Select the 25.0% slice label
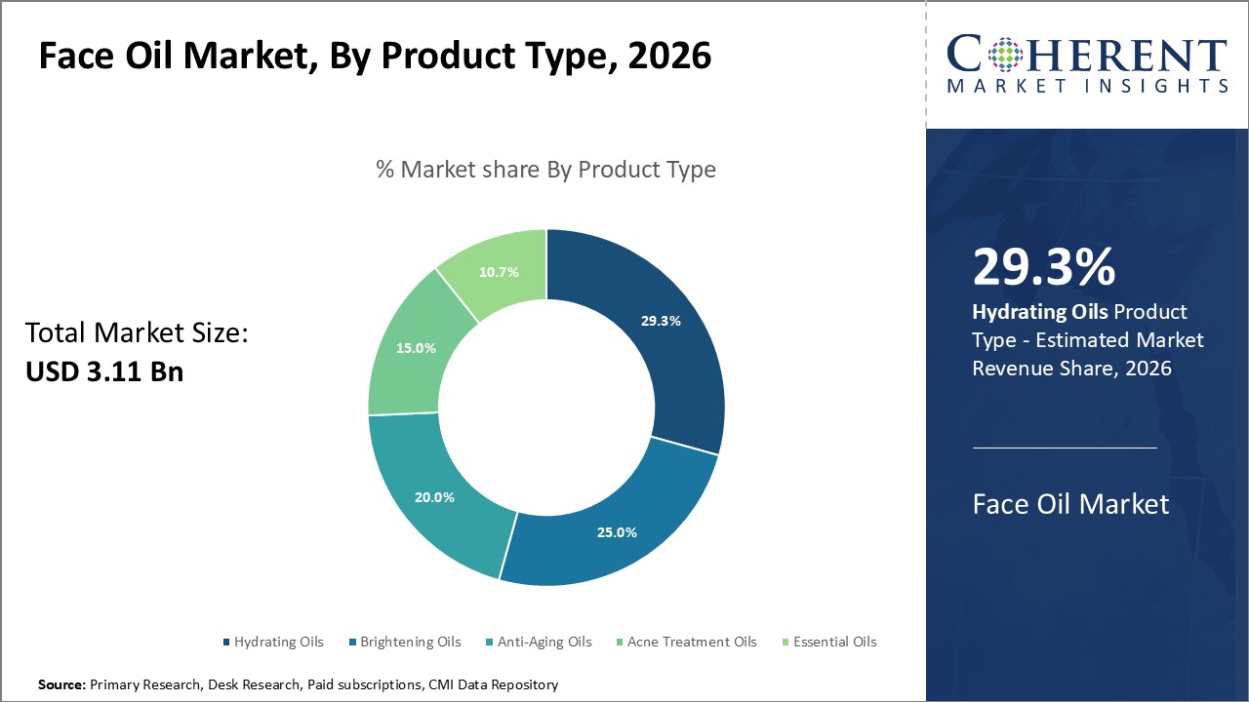pos(617,532)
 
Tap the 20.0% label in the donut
pos(434,497)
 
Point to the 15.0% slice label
pos(416,348)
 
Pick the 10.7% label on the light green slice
pos(499,272)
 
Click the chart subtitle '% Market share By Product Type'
pos(545,170)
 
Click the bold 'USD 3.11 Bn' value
pos(104,371)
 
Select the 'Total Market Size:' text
pos(138,333)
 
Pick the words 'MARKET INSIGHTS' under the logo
pos(1087,87)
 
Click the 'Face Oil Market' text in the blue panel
pos(1070,504)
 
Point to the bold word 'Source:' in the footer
pos(61,685)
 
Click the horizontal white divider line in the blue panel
pos(1065,448)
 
